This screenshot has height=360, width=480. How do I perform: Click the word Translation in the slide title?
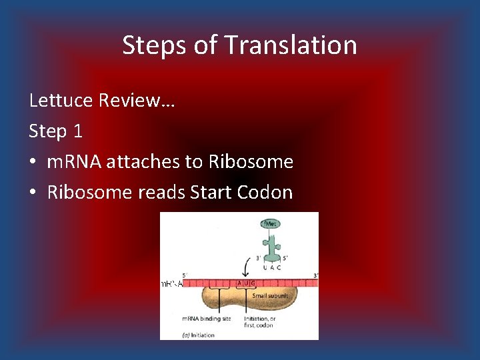coord(291,45)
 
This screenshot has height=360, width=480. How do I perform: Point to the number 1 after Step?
coord(78,131)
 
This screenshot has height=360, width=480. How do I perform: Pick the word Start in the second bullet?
coord(207,193)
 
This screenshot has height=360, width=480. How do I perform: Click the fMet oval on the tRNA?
coord(271,225)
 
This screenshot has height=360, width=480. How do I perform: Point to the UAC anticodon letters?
coord(270,267)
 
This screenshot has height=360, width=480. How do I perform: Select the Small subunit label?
coord(271,296)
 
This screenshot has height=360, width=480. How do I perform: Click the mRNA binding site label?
coord(207,319)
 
